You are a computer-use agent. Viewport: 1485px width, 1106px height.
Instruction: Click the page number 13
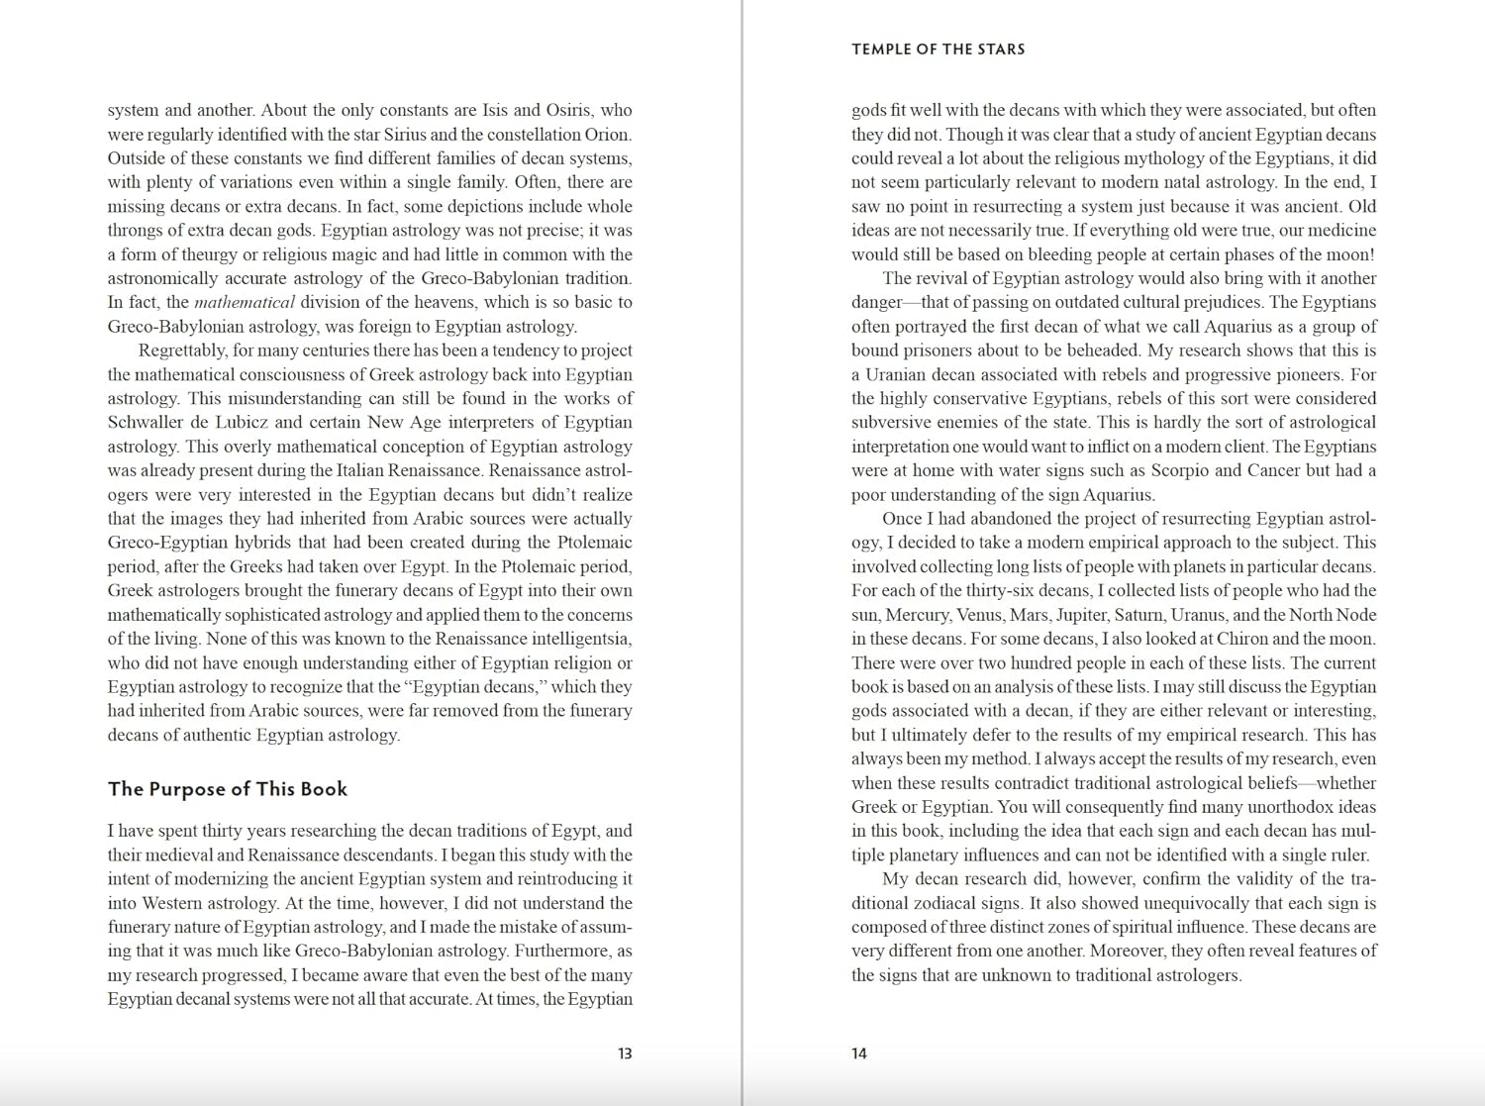625,1054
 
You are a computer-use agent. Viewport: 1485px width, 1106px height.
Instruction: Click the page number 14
859,1054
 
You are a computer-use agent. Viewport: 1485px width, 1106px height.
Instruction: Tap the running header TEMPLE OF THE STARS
938,50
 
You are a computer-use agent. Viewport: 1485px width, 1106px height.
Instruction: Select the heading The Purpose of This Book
228,789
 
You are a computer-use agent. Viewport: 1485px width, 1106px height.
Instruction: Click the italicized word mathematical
245,303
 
